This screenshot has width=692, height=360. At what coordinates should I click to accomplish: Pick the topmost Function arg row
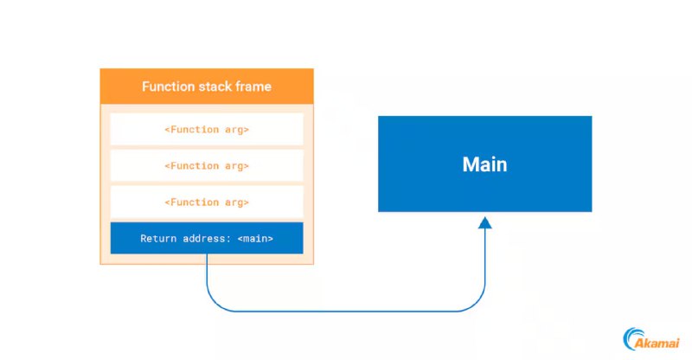click(207, 129)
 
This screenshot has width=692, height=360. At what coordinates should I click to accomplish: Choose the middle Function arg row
click(207, 165)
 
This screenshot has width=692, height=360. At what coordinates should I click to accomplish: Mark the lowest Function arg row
click(207, 202)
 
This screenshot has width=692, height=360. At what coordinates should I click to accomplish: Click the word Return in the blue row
click(158, 239)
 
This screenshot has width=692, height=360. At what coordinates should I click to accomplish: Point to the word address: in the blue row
click(208, 239)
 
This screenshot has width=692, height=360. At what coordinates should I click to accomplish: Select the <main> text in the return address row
click(255, 239)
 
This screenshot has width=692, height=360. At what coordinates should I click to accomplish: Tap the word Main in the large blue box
click(484, 164)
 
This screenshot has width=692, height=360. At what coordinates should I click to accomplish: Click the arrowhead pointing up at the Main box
click(485, 222)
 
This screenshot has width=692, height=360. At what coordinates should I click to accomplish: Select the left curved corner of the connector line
click(215, 303)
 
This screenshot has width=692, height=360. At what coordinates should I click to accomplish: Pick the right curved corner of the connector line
click(477, 303)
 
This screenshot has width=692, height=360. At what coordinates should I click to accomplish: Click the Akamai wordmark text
click(657, 343)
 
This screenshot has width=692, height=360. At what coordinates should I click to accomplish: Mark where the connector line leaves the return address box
click(207, 254)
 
